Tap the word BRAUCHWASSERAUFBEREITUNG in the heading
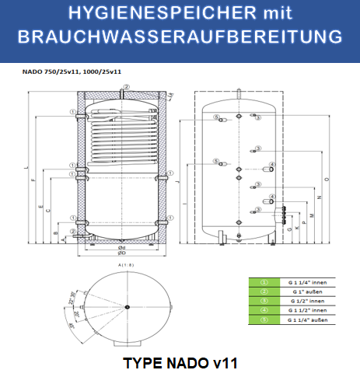[x=180, y=37]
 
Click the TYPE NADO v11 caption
[x=180, y=361]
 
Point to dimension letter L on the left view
[x=26, y=167]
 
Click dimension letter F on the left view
[x=33, y=181]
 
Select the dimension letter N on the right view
[x=319, y=194]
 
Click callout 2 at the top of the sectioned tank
[x=121, y=92]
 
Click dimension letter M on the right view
[x=312, y=215]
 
